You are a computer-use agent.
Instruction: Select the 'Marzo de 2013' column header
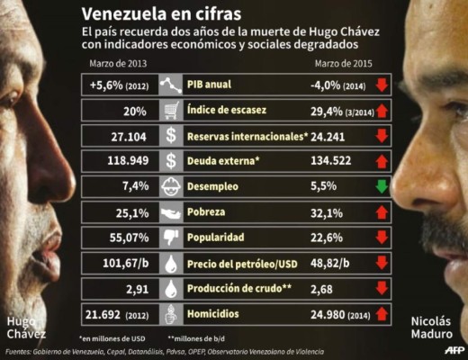[118, 64]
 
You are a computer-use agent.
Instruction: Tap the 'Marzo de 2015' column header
[343, 64]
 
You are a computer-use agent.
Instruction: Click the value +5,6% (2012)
[121, 85]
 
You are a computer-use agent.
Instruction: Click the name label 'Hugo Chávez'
[25, 328]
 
